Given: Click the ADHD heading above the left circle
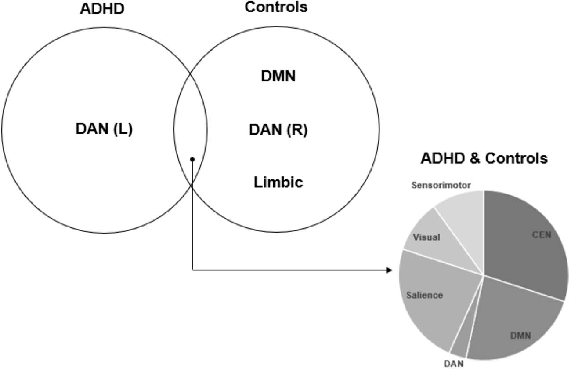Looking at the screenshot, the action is pyautogui.click(x=102, y=9).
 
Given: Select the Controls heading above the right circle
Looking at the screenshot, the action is pyautogui.click(x=276, y=7).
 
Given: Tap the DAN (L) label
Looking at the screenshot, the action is pyautogui.click(x=104, y=129).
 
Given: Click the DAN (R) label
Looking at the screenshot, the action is pyautogui.click(x=278, y=130).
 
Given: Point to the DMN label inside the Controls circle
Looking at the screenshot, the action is pyautogui.click(x=278, y=76).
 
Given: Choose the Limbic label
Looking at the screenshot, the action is pyautogui.click(x=278, y=182).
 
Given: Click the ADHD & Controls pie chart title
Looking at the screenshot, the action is pyautogui.click(x=484, y=158).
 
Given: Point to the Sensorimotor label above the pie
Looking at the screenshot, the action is pyautogui.click(x=441, y=185).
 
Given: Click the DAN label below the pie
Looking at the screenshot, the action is pyautogui.click(x=453, y=364).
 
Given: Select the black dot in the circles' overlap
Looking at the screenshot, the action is pyautogui.click(x=192, y=159).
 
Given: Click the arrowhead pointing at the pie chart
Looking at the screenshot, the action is pyautogui.click(x=389, y=270).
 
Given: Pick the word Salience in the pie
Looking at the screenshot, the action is pyautogui.click(x=424, y=295).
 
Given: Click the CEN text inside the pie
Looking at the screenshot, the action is pyautogui.click(x=542, y=235).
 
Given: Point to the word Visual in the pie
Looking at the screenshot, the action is pyautogui.click(x=426, y=237).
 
